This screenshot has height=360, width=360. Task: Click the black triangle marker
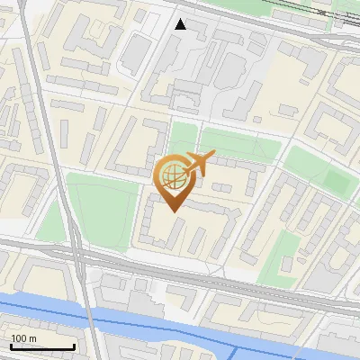(181, 24)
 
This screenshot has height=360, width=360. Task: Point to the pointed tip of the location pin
(172, 212)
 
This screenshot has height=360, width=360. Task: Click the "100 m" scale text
(23, 338)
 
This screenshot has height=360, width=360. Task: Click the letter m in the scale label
(32, 338)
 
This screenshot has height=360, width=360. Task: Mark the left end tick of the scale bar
(10, 346)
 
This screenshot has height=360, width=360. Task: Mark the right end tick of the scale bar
(73, 346)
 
